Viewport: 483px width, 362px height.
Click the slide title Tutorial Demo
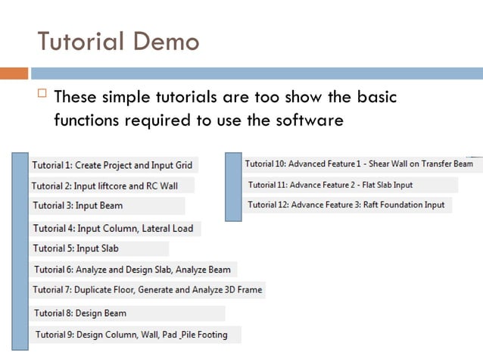click(118, 41)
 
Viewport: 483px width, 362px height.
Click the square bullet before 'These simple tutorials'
click(42, 95)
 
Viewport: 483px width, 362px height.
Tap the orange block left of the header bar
click(14, 73)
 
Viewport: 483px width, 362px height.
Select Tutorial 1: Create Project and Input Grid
click(112, 165)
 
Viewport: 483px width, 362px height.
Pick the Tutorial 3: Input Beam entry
click(77, 205)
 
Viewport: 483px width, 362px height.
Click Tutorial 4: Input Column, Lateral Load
click(113, 228)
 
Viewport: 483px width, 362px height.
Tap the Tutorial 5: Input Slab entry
click(76, 248)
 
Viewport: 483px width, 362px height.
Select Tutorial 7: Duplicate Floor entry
click(147, 289)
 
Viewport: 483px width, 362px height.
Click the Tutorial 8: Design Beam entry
click(79, 313)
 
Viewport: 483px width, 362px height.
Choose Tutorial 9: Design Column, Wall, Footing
click(131, 334)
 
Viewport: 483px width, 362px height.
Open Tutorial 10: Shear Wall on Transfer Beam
click(358, 164)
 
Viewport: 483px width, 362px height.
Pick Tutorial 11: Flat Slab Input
click(330, 185)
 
